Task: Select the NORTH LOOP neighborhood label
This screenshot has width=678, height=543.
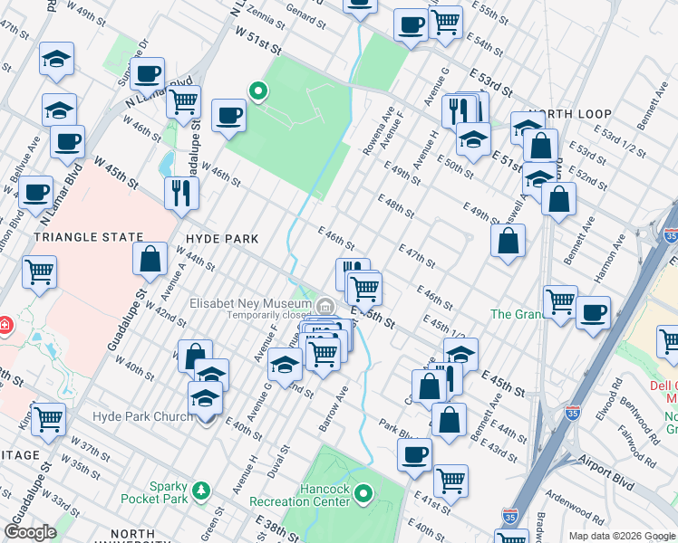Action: (570, 115)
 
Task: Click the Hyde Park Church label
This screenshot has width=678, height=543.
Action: (142, 416)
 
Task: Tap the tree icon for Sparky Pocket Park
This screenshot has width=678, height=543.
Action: (206, 491)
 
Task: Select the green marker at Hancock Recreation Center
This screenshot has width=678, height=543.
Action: (363, 493)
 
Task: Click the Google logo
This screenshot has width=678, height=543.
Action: (31, 532)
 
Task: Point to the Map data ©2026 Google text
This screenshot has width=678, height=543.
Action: (621, 536)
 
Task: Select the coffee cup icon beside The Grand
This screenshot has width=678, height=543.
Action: (593, 312)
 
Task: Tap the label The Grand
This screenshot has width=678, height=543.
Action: (515, 314)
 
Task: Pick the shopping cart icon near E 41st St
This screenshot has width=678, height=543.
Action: (450, 480)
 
